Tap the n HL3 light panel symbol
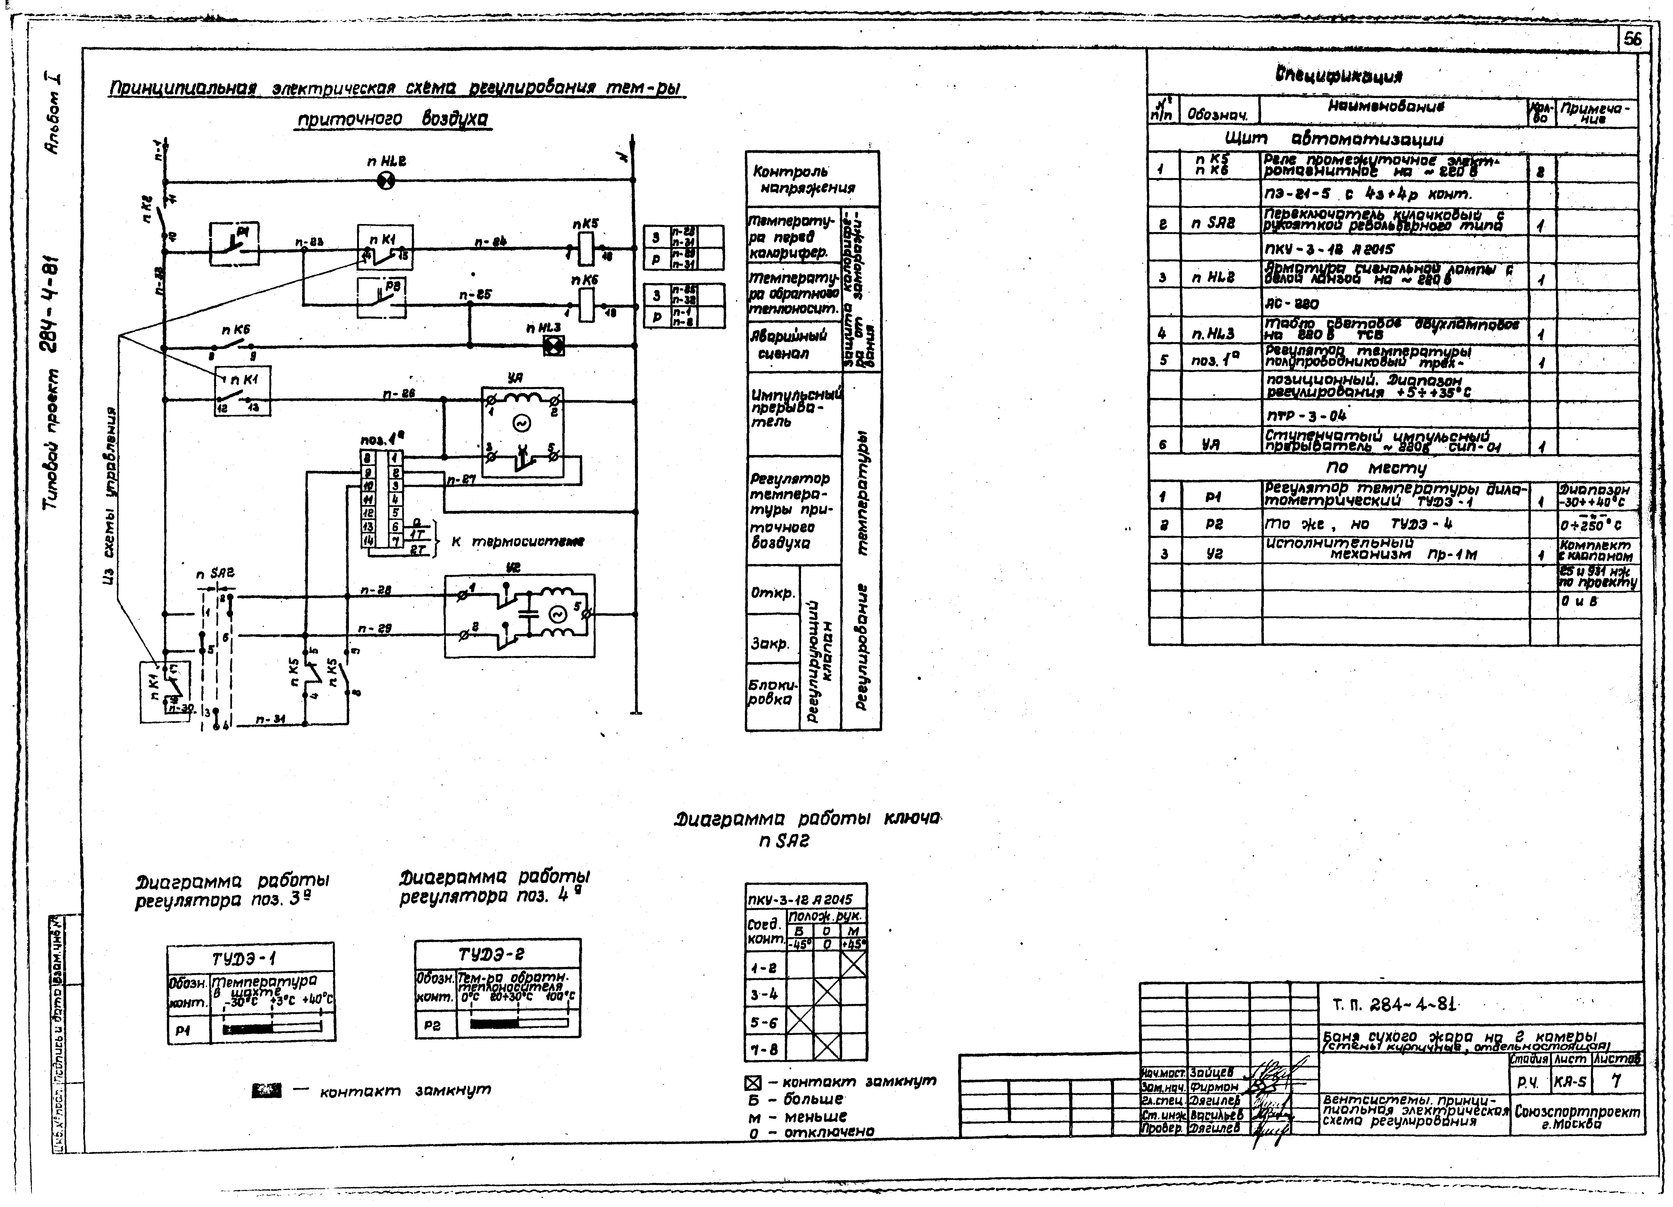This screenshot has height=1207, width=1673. [x=553, y=345]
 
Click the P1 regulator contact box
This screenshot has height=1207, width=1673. [x=234, y=243]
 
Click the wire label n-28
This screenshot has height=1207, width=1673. [x=375, y=590]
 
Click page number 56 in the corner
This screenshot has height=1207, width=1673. [x=1632, y=39]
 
